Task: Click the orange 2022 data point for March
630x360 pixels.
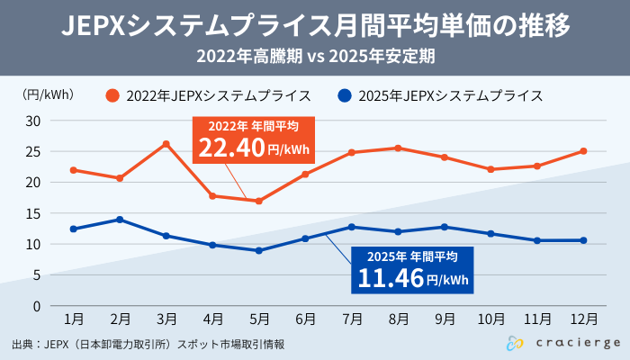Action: (166, 144)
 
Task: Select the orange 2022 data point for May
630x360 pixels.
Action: (259, 201)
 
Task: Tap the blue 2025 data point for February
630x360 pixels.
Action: (120, 220)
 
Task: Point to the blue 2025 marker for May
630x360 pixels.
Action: (259, 250)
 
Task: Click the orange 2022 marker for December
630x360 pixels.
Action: (583, 151)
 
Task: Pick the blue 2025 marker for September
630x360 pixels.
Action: (445, 227)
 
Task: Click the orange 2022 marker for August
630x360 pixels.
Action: (398, 148)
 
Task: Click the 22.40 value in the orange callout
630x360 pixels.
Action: (232, 147)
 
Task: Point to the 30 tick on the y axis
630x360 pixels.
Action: (33, 121)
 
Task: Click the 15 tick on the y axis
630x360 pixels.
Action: (33, 213)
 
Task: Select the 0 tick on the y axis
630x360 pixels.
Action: (37, 306)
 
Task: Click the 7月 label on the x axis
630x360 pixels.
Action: (352, 319)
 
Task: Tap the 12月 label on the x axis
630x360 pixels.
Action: (583, 319)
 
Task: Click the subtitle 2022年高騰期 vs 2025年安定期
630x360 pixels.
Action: (315, 56)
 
